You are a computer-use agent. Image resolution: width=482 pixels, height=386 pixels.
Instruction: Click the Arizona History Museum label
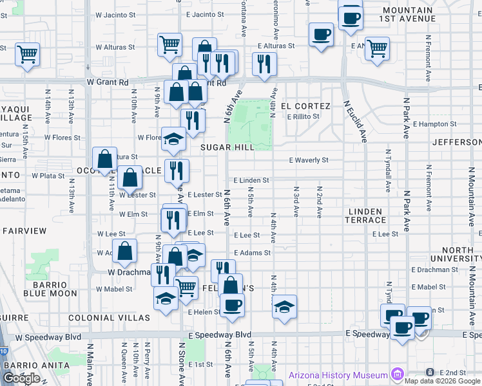[338, 375]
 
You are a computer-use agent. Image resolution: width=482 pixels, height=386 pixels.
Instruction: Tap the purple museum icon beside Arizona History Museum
[398, 374]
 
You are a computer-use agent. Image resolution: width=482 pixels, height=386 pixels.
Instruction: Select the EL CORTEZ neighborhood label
[305, 106]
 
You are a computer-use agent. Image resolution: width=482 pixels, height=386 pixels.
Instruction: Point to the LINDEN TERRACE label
[366, 216]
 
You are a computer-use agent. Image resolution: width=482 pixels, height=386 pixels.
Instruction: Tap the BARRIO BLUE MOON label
[50, 288]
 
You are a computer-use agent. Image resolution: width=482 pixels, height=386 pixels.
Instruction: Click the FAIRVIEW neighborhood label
[24, 230]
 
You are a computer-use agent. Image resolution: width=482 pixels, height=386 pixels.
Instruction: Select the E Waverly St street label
[309, 160]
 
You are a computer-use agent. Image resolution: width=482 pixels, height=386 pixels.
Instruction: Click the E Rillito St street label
[303, 116]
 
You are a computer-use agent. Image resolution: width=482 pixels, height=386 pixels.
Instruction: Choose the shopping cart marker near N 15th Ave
[27, 54]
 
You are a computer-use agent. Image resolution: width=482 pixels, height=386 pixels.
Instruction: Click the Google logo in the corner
[21, 378]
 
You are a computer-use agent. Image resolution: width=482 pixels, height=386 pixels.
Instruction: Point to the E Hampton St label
[434, 124]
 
